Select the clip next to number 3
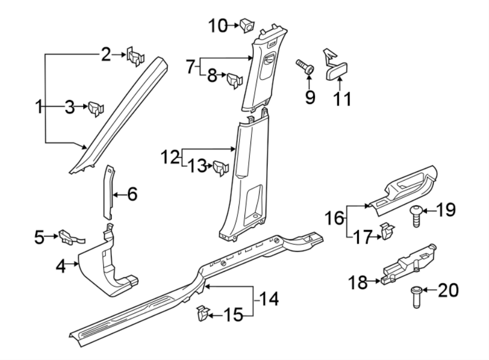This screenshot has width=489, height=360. pyautogui.click(x=96, y=108)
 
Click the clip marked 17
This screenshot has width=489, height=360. pyautogui.click(x=387, y=232)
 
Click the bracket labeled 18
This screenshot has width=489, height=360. pyautogui.click(x=407, y=264)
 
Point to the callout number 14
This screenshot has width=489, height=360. pyautogui.click(x=268, y=299)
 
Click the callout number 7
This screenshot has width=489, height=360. pyautogui.click(x=190, y=67)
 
